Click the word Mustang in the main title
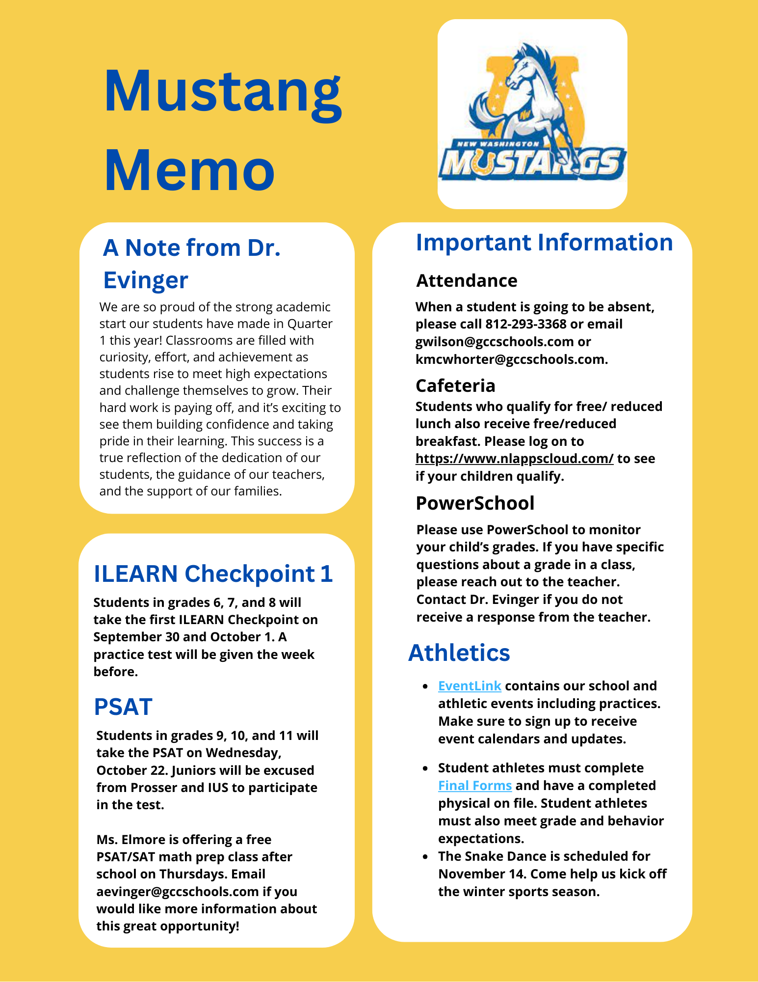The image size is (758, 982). (x=223, y=92)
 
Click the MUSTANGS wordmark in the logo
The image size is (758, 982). (x=532, y=164)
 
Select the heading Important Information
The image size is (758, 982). (x=544, y=243)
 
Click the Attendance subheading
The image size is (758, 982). (x=467, y=281)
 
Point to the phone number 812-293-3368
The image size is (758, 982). (x=525, y=324)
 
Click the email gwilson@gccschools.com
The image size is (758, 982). (x=495, y=342)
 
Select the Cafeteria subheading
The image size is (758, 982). (x=455, y=386)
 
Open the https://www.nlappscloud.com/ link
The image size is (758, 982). (x=514, y=459)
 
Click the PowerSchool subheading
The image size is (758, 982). (x=475, y=503)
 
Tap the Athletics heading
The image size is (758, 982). (x=459, y=653)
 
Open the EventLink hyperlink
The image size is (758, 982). (x=470, y=686)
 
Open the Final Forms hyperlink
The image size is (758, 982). (x=475, y=786)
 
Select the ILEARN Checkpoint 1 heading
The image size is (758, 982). (x=213, y=573)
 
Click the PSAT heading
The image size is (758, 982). (x=123, y=707)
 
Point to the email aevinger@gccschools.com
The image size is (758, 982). (x=178, y=892)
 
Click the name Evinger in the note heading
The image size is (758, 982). (x=146, y=280)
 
